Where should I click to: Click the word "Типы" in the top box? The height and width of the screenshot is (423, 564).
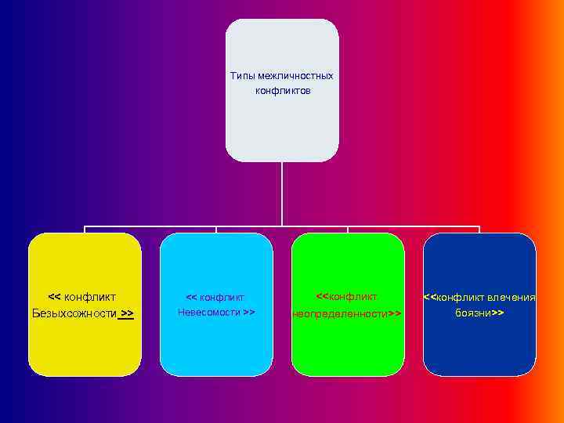(242, 76)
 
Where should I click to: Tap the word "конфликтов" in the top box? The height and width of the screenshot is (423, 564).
(282, 91)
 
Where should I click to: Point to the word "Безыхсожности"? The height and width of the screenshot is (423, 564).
(74, 313)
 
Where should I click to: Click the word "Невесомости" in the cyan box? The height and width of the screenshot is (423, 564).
(209, 313)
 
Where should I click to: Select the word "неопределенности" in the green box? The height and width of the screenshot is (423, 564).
(340, 313)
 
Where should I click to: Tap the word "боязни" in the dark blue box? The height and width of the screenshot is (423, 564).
(472, 313)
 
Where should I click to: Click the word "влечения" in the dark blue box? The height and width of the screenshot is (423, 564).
(512, 298)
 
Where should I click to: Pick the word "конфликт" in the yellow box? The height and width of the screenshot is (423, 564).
(90, 297)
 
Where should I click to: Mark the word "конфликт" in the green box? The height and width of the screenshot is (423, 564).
(353, 297)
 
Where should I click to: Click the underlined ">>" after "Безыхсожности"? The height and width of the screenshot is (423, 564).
(127, 313)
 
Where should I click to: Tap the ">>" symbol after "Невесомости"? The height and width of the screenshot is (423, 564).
(249, 313)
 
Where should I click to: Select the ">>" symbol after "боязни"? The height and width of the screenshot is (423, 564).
(497, 313)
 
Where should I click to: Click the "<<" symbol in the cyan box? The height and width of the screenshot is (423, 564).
(191, 298)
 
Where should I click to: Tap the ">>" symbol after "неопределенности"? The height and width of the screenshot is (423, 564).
(395, 313)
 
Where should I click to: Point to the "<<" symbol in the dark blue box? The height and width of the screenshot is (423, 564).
(430, 298)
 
